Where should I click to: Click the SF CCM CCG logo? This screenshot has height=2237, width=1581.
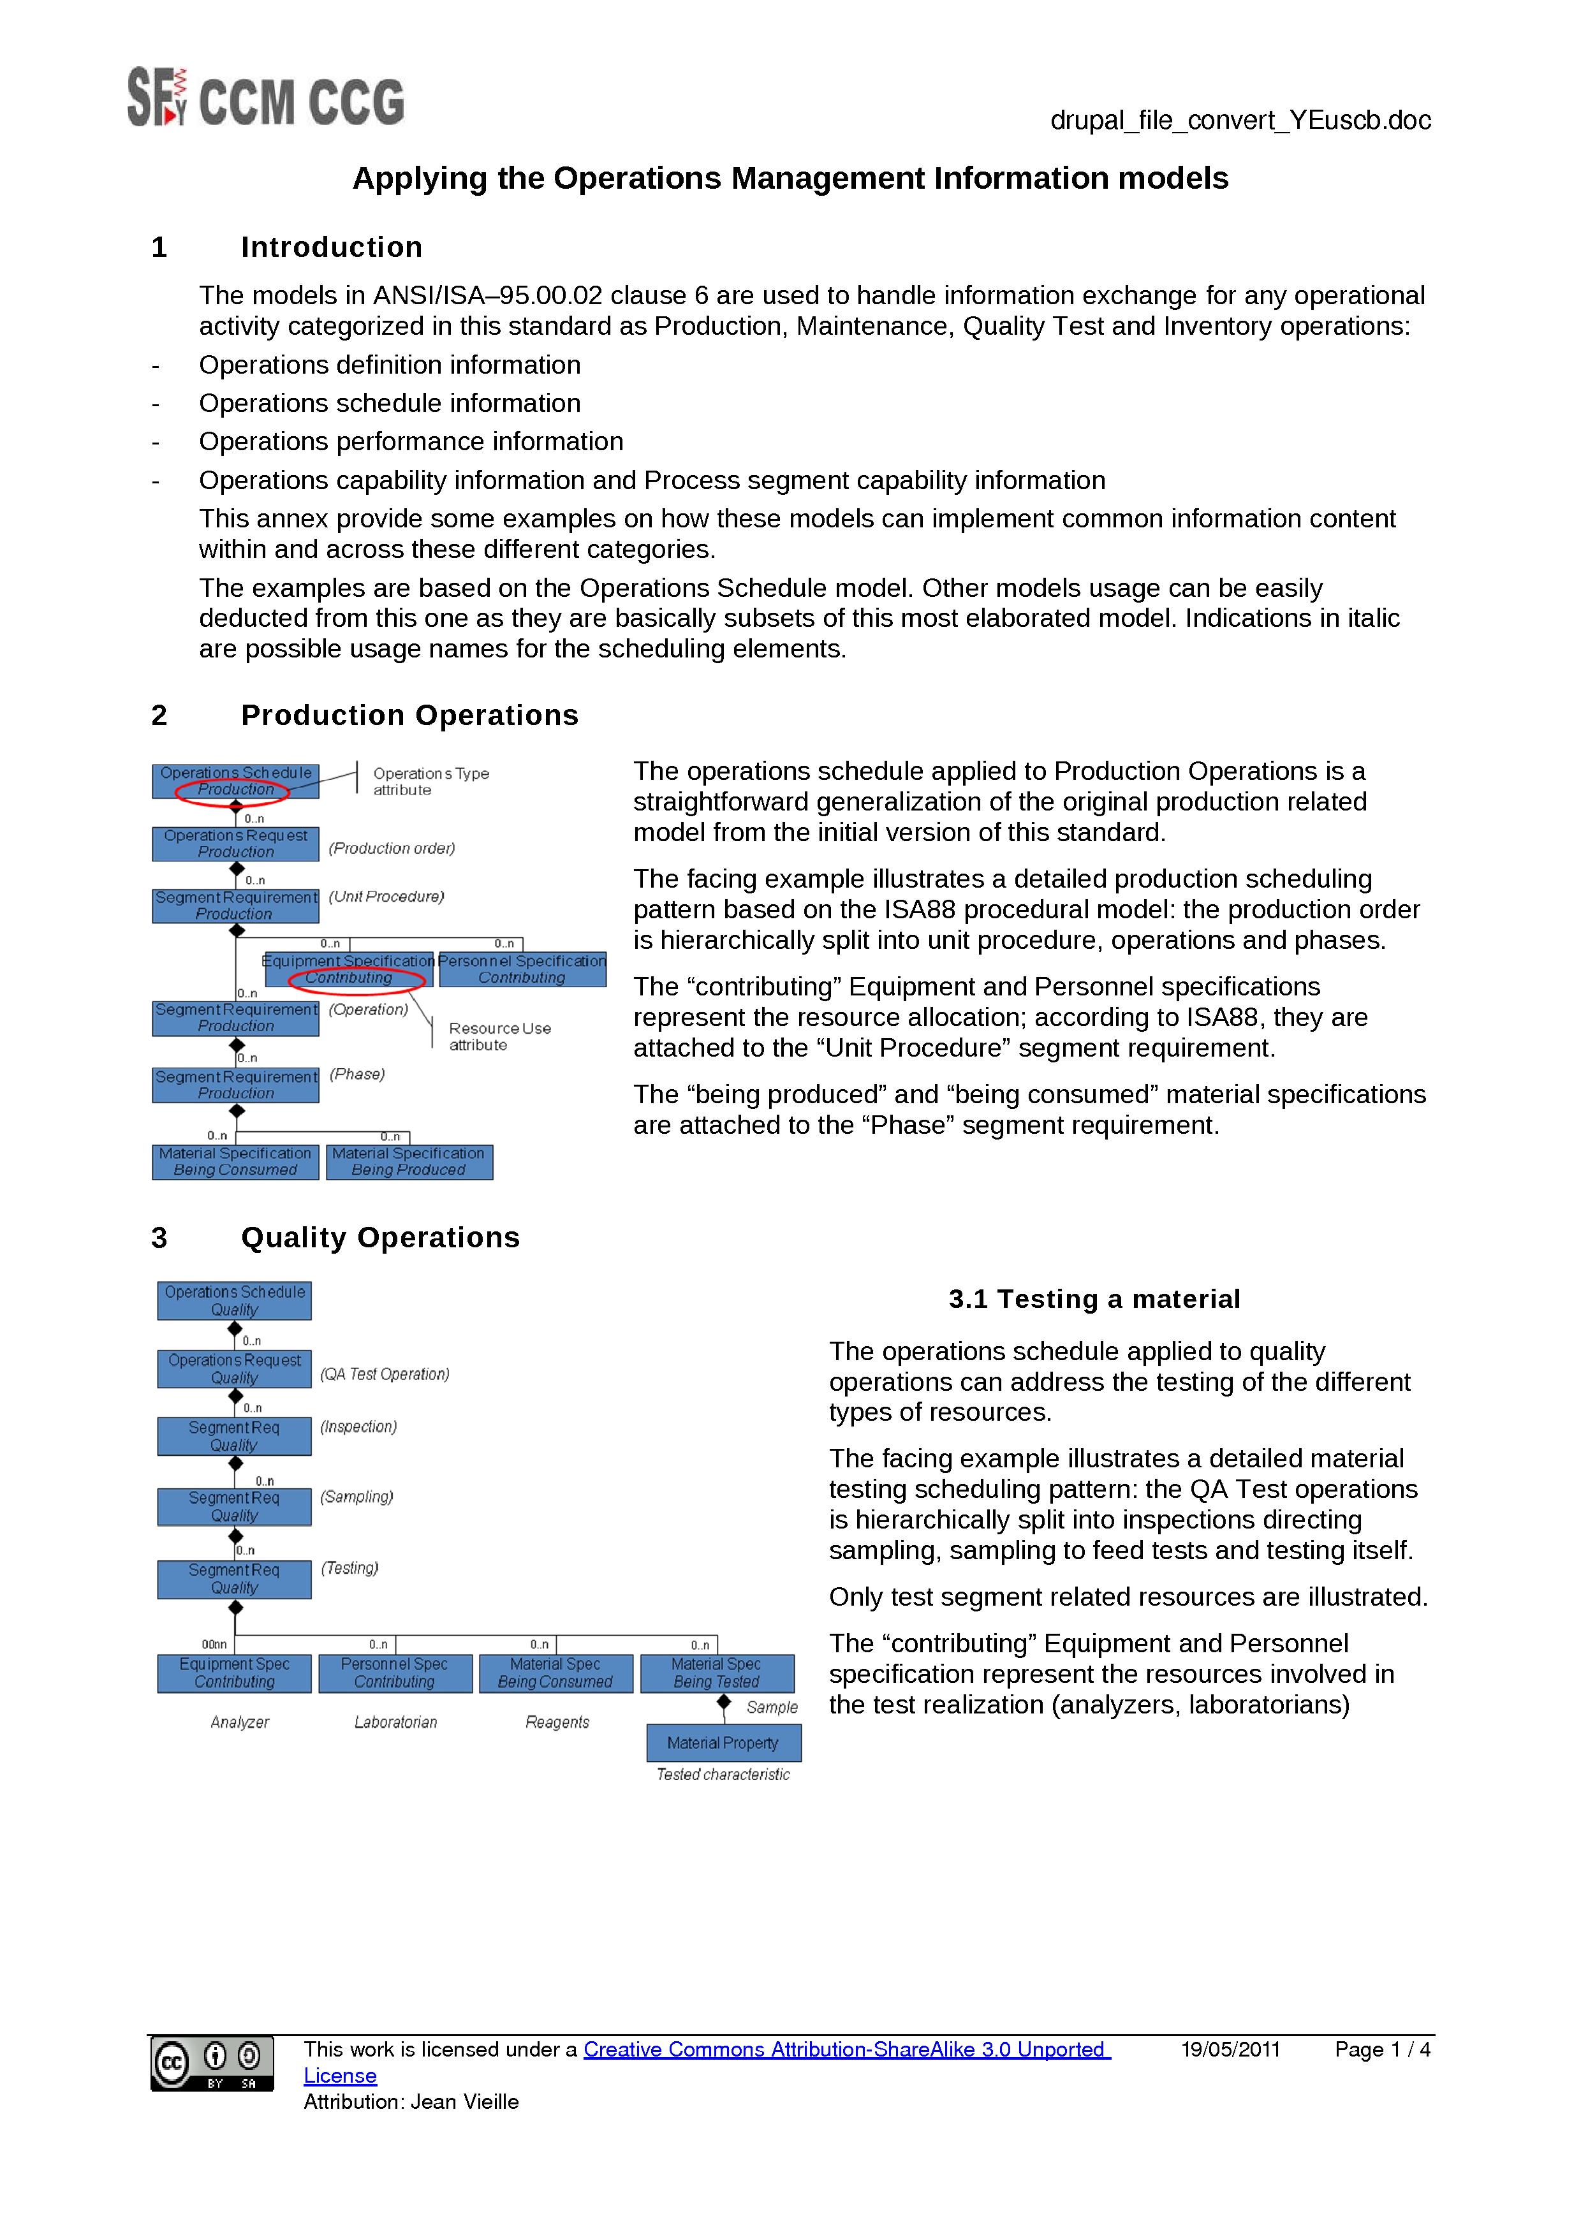click(x=265, y=98)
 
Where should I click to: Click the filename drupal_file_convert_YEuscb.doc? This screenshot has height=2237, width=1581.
click(x=1239, y=120)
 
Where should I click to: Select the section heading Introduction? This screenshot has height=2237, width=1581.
click(x=331, y=247)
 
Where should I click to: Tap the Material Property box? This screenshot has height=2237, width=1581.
click(x=723, y=1742)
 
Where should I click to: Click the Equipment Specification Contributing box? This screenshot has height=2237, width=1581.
click(x=349, y=969)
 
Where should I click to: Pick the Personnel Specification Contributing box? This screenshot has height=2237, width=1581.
click(x=522, y=969)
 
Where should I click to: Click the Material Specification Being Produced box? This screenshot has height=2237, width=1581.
click(x=409, y=1161)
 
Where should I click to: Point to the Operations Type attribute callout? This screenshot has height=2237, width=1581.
click(x=430, y=781)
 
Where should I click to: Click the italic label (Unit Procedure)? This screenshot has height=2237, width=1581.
click(x=386, y=897)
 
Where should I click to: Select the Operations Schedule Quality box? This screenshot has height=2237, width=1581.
click(x=234, y=1301)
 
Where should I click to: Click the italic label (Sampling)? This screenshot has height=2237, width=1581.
click(x=357, y=1497)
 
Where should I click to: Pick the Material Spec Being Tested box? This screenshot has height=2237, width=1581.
click(x=716, y=1673)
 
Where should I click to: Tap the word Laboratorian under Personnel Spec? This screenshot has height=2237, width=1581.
click(x=395, y=1722)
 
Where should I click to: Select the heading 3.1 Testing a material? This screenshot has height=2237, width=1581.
click(x=1093, y=1299)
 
